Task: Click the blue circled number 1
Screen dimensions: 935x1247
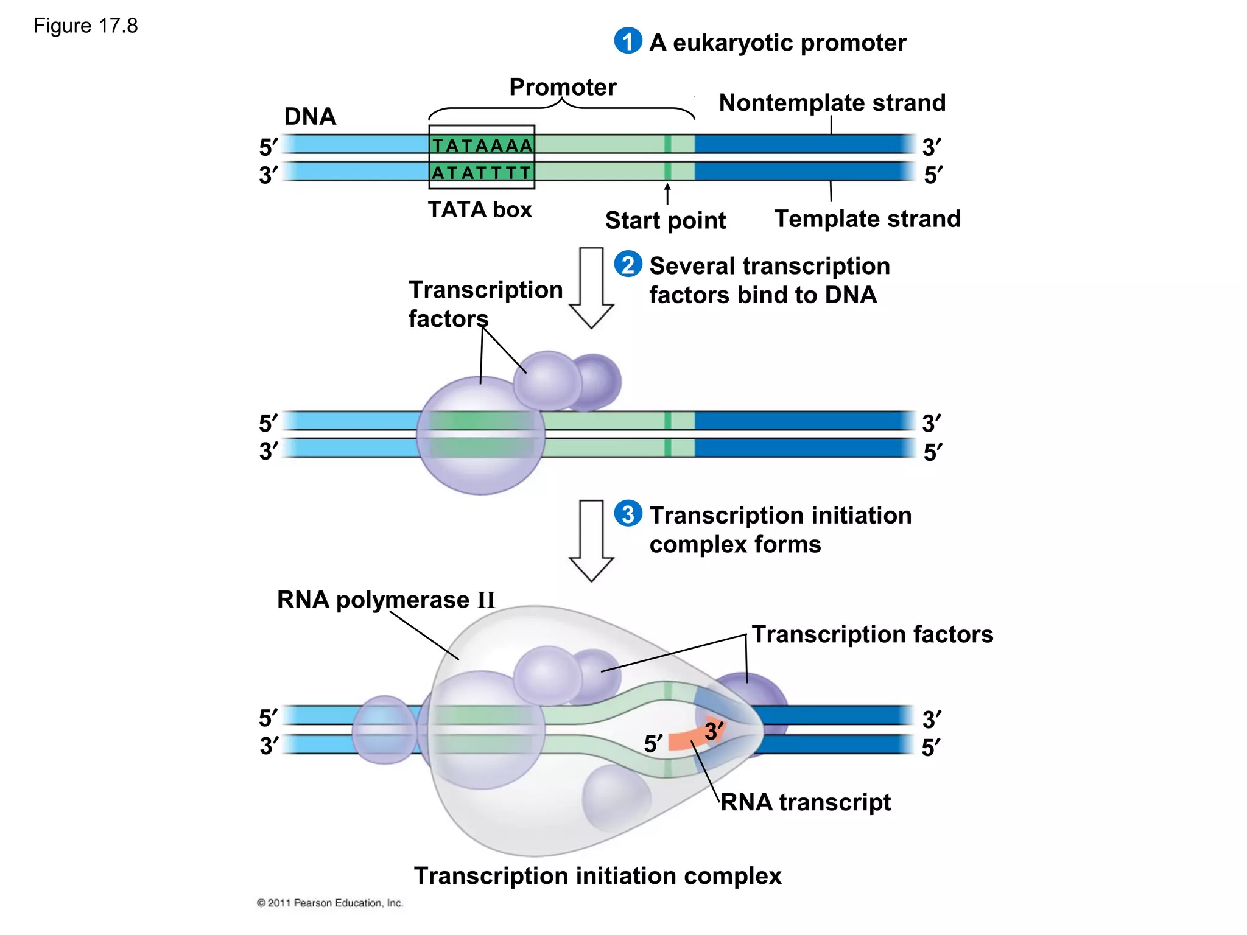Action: (628, 41)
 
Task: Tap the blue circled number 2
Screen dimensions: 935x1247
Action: (628, 264)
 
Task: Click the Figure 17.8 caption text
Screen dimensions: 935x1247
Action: (85, 26)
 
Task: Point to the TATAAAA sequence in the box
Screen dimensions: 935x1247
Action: (482, 145)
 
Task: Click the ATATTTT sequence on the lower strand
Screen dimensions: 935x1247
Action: (482, 173)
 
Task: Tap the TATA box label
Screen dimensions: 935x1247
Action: (480, 209)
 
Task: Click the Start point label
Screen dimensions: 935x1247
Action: (665, 220)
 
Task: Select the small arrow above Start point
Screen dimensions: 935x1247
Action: (667, 194)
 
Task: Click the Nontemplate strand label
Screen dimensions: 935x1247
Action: (832, 102)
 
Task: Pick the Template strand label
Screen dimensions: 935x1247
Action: (867, 219)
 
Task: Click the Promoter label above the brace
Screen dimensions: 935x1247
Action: (563, 87)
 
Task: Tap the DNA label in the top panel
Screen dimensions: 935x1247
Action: (310, 116)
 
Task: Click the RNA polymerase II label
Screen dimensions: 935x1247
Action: (386, 600)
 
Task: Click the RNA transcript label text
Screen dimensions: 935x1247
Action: (806, 802)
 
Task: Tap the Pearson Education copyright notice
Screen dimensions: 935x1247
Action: (330, 903)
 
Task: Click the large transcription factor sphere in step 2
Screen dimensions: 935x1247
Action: (480, 435)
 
